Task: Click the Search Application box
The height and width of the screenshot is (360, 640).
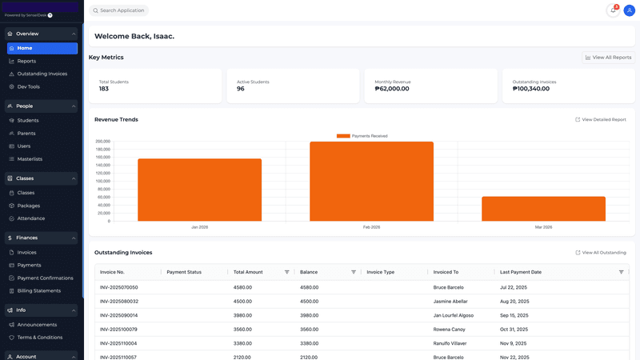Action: coord(119,10)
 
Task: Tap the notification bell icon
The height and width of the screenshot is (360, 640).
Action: coord(613,10)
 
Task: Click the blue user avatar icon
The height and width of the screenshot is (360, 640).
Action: coord(629,10)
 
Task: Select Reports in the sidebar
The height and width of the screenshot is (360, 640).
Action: coord(26,61)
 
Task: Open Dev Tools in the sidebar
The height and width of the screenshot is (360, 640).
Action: coord(28,86)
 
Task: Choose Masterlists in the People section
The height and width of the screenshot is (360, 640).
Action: coord(30,159)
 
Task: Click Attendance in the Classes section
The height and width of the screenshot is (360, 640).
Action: coord(31,218)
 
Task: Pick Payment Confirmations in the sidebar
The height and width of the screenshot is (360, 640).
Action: coord(45,278)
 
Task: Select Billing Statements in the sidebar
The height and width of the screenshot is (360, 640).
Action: coord(38,290)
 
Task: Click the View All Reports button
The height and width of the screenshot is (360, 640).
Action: coord(608,58)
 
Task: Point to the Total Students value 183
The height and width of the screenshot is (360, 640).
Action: coord(104,89)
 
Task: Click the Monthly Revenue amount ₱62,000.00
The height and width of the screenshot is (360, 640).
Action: coord(392,89)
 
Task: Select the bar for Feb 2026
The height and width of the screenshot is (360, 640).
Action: coord(371,182)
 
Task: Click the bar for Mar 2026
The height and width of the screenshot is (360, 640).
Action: coord(543,209)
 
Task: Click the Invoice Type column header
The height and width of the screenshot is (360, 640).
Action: coord(381,272)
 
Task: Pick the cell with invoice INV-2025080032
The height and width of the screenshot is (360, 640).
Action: coord(119,302)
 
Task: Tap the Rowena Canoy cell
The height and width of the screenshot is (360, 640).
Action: coord(450,330)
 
